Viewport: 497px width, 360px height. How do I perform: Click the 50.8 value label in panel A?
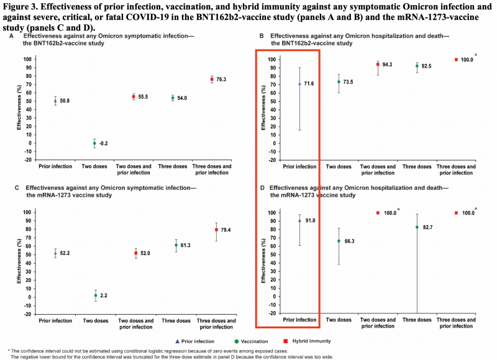pos(65,101)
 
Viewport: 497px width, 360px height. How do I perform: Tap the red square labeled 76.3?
pos(212,79)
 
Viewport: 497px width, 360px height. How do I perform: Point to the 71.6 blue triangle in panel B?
pos(299,83)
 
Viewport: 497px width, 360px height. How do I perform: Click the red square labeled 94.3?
pos(378,65)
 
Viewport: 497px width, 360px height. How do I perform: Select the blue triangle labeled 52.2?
pos(55,253)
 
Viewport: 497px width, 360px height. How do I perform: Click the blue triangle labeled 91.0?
pos(299,220)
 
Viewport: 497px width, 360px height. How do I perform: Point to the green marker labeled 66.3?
pos(339,241)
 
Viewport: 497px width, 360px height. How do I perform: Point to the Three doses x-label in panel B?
pos(417,166)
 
